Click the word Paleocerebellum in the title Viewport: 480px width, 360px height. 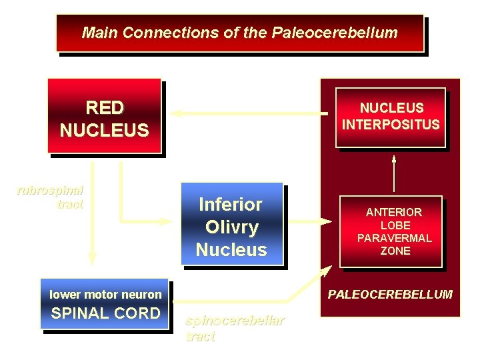click(x=335, y=33)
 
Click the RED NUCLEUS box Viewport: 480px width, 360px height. click(x=105, y=117)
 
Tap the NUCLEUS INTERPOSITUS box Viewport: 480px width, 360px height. click(x=391, y=117)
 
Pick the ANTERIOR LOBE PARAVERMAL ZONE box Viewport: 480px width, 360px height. click(x=391, y=231)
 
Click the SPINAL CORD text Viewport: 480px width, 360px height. click(x=105, y=313)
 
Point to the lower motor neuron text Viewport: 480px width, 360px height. click(x=105, y=294)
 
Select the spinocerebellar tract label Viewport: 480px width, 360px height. click(x=235, y=328)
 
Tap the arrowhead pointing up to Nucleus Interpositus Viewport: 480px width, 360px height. click(x=394, y=159)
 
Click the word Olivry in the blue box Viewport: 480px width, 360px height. click(x=231, y=227)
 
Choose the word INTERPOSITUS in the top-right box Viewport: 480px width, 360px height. click(x=391, y=125)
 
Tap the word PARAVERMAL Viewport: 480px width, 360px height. click(x=394, y=238)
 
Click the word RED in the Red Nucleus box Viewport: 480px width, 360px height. click(x=105, y=107)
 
